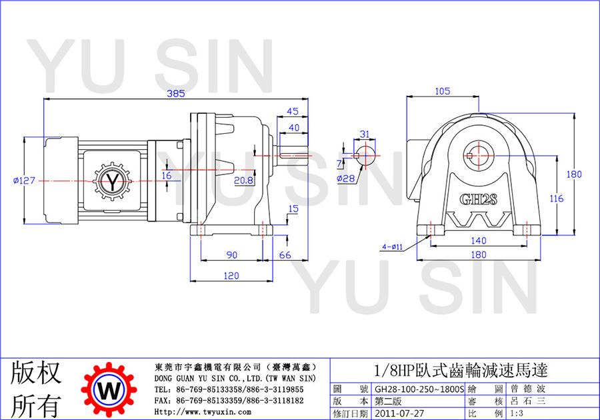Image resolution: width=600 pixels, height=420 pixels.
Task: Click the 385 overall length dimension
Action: [x=175, y=94]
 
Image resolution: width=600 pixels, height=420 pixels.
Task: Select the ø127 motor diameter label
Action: [x=24, y=180]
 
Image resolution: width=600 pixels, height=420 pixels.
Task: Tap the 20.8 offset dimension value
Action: [x=244, y=180]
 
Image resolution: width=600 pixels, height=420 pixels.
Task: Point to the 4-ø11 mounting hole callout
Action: [x=392, y=247]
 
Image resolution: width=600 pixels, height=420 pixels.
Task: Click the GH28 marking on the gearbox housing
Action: [x=478, y=199]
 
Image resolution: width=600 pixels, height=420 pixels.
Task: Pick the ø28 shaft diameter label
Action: [x=346, y=178]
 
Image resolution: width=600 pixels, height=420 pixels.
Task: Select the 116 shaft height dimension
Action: [x=557, y=199]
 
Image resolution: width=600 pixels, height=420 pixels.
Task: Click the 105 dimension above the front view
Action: [x=443, y=91]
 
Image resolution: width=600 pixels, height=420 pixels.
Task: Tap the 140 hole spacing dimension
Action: [x=478, y=241]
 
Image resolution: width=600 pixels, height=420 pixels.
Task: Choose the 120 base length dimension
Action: [x=231, y=276]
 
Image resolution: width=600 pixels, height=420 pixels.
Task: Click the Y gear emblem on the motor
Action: [x=112, y=182]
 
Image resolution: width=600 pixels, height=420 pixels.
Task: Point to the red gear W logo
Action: [x=109, y=390]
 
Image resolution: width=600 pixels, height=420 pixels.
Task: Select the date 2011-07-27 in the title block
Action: [x=399, y=413]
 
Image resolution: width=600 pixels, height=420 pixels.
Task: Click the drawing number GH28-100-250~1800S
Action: [x=419, y=389]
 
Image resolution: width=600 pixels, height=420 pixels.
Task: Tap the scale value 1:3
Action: [x=517, y=413]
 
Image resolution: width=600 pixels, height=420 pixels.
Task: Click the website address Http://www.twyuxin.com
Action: [x=203, y=412]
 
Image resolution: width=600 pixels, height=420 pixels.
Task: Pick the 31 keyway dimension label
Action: [x=365, y=134]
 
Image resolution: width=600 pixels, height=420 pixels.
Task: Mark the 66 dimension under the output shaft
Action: [x=285, y=255]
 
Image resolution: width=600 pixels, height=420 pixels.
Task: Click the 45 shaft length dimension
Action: [x=293, y=111]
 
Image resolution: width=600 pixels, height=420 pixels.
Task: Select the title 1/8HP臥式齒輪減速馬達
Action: [x=461, y=370]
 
